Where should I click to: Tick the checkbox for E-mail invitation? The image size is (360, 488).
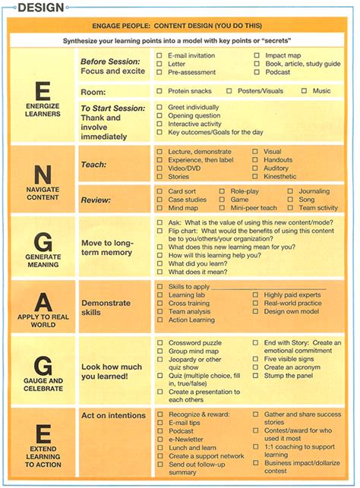(x=159, y=56)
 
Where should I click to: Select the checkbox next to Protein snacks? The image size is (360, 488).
(x=159, y=91)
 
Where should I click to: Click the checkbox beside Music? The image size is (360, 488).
(x=305, y=91)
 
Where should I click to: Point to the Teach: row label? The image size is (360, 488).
(x=93, y=164)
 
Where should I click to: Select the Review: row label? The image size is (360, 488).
(x=96, y=200)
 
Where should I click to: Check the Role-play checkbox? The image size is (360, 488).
(x=223, y=192)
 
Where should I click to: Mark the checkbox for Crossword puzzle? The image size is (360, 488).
(x=159, y=343)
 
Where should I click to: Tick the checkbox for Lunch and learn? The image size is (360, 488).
(x=159, y=448)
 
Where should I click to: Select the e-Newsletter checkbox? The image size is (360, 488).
(x=159, y=439)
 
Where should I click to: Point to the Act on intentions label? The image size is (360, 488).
(x=113, y=415)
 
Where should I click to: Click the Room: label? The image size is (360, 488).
(x=94, y=91)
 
